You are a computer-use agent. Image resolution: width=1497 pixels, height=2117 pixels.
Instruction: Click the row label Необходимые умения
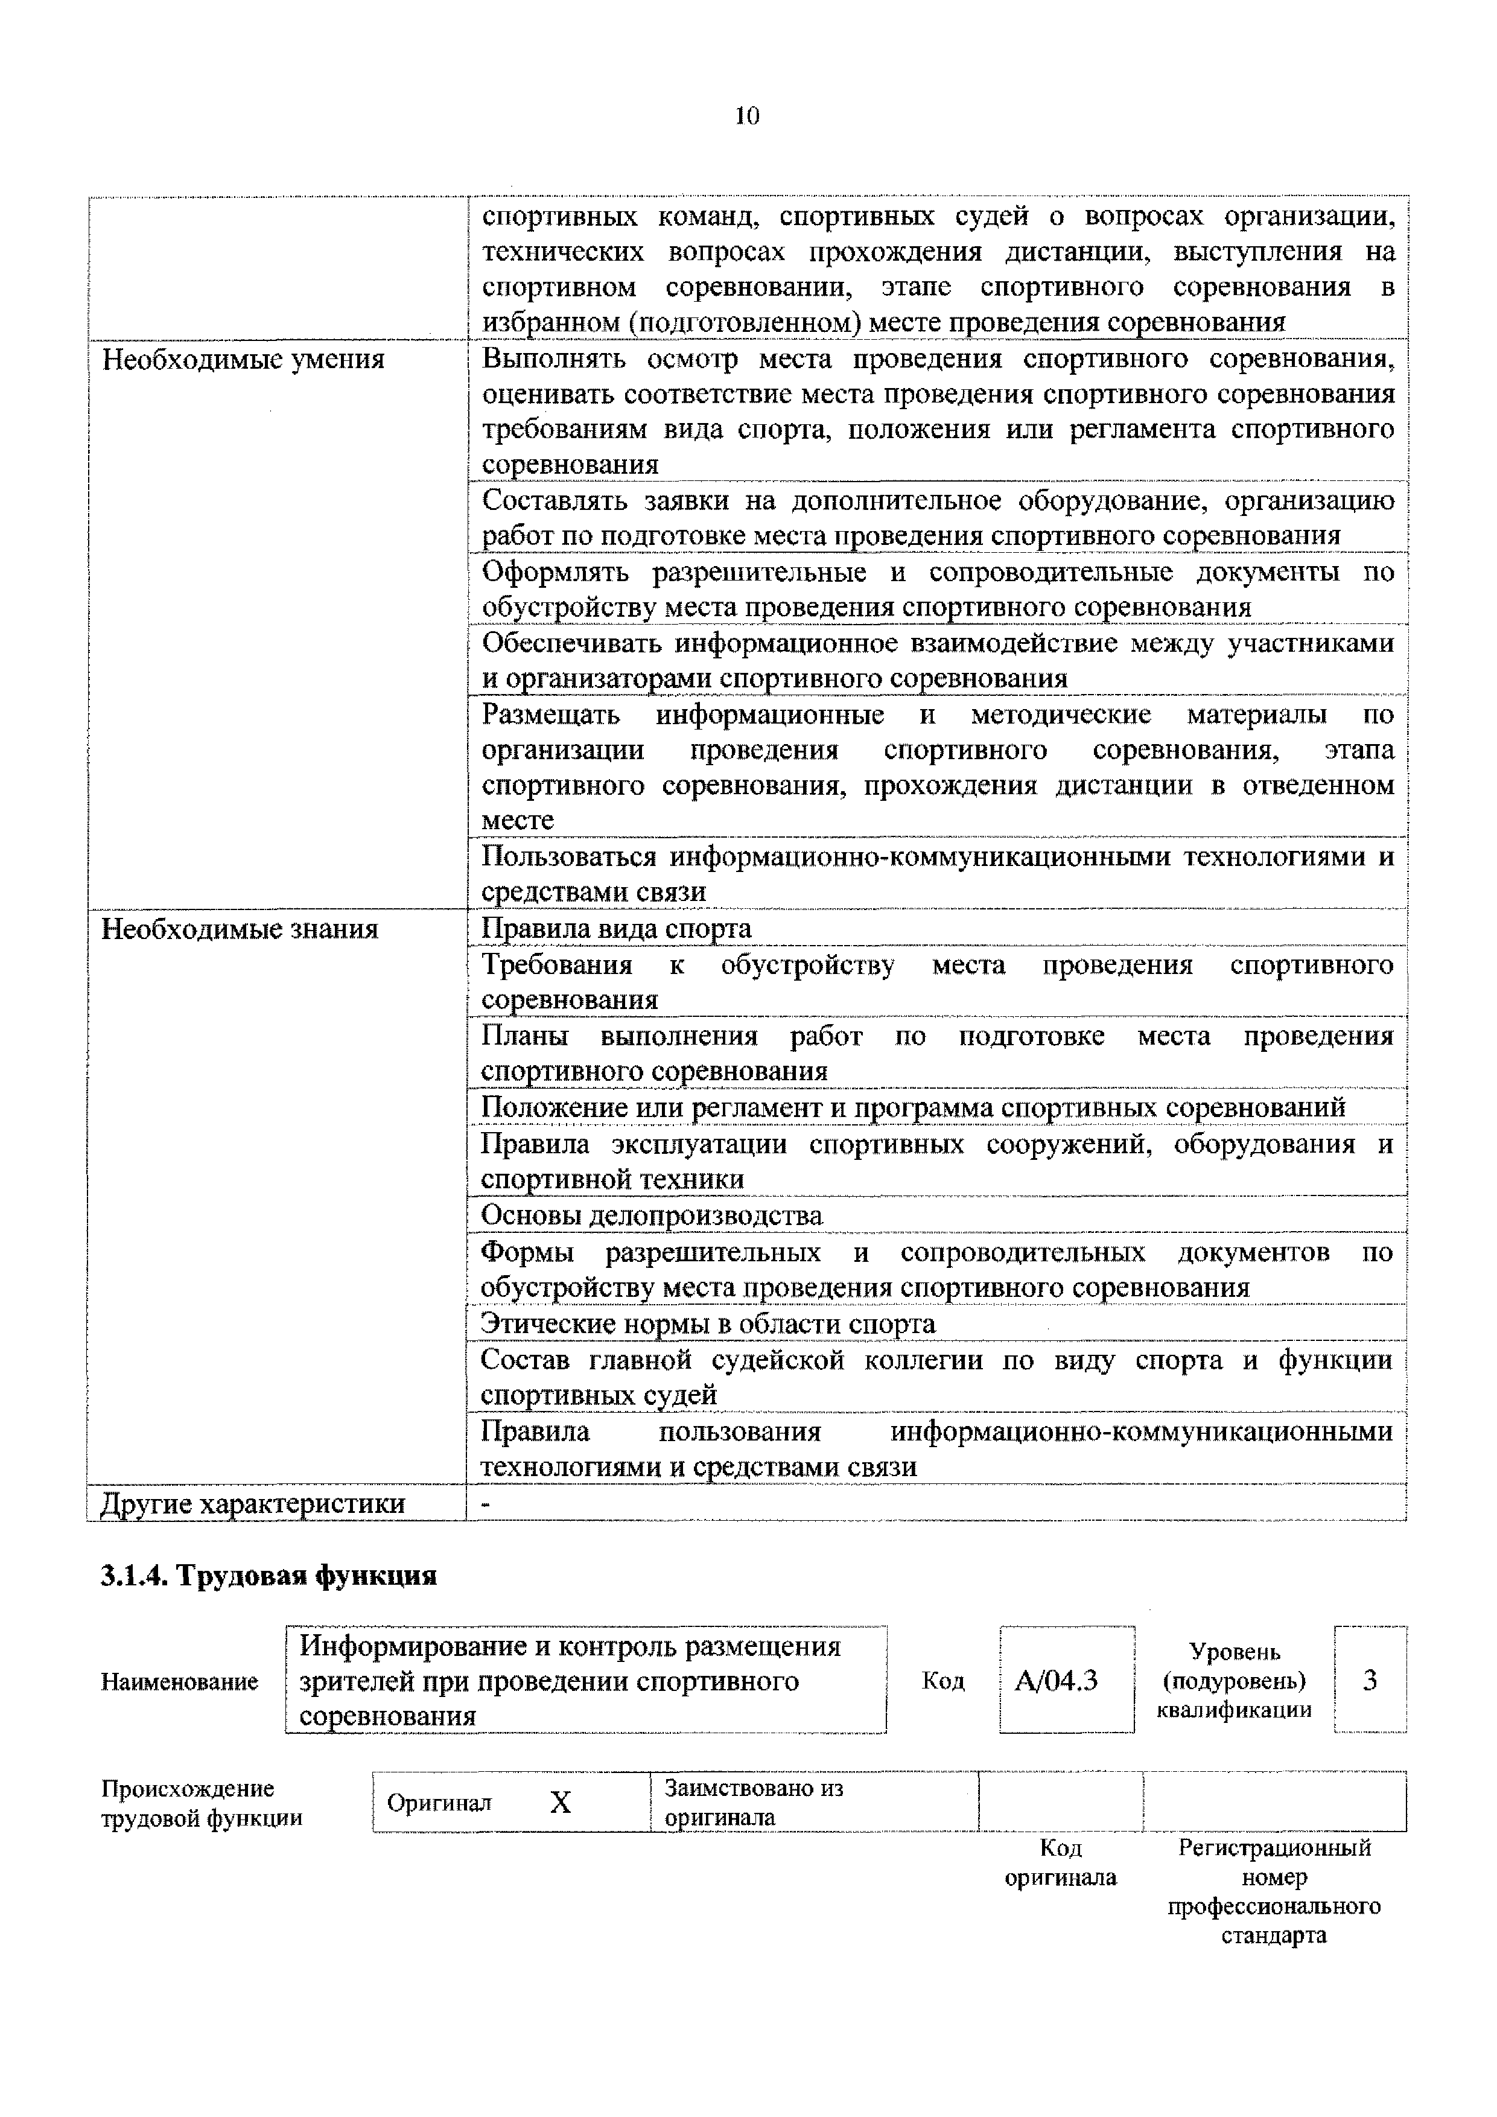[243, 358]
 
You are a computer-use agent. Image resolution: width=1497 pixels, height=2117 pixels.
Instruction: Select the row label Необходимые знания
[240, 929]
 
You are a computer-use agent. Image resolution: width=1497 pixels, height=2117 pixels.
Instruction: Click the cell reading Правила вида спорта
[616, 929]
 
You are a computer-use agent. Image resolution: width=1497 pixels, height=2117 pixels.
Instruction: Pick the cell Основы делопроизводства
[651, 1216]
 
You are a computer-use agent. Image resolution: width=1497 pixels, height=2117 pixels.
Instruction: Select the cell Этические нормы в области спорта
[707, 1324]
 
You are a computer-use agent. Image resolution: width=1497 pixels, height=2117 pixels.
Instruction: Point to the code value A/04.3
[1057, 1681]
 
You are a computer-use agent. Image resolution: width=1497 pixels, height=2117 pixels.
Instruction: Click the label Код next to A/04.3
[942, 1681]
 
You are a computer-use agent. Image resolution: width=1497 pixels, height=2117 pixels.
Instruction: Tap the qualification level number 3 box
[1370, 1681]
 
